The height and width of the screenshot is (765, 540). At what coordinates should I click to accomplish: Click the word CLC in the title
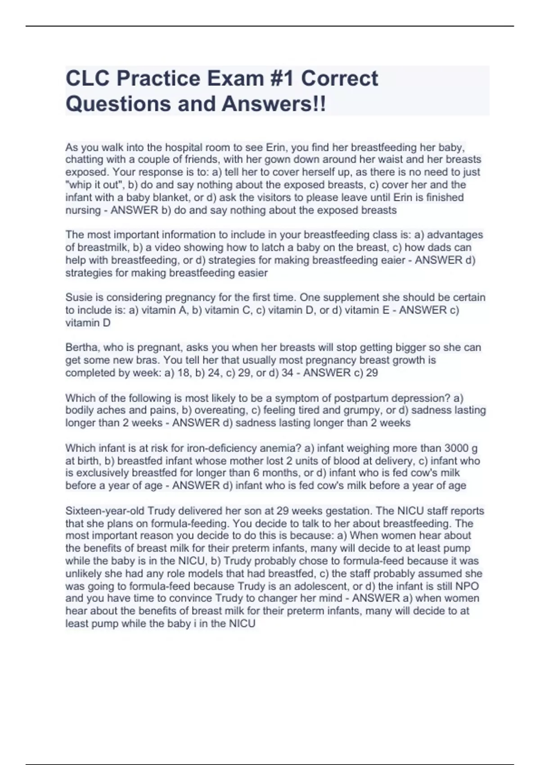[x=88, y=78]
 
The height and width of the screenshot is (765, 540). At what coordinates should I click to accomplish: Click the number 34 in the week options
[x=287, y=373]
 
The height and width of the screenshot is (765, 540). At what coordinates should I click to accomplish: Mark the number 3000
[x=456, y=448]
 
